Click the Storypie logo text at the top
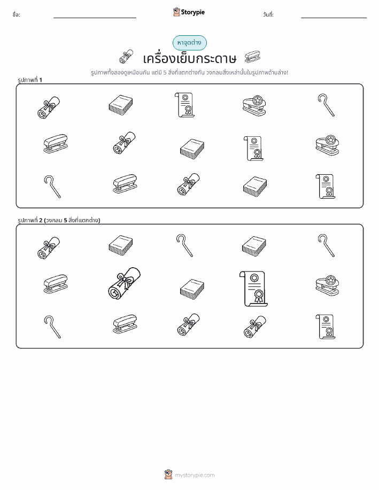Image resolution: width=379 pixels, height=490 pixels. (x=193, y=12)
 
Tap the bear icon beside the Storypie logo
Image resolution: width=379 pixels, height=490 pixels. (x=176, y=12)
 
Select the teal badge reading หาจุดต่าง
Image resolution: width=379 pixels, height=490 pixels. (x=189, y=43)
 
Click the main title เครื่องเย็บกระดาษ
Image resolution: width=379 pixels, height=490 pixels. (x=189, y=58)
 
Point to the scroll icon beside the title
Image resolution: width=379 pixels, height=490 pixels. (x=126, y=57)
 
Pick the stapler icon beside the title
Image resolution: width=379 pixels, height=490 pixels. (x=253, y=57)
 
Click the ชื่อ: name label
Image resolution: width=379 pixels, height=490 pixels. (x=16, y=14)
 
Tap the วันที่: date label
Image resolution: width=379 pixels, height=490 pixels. (x=268, y=14)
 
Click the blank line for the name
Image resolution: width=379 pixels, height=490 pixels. (x=95, y=18)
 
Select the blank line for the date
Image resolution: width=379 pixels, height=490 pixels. (x=334, y=18)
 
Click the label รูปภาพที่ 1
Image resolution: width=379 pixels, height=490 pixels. (x=30, y=80)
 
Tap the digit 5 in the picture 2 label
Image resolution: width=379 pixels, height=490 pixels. (x=65, y=220)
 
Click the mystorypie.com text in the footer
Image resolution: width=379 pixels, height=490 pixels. (x=195, y=476)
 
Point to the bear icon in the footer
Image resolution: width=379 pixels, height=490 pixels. (x=168, y=475)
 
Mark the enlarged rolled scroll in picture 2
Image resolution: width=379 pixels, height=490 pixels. (x=124, y=283)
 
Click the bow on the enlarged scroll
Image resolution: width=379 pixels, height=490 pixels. (x=124, y=279)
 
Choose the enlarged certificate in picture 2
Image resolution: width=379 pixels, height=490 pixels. (x=253, y=289)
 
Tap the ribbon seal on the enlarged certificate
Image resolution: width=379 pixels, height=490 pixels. (x=259, y=295)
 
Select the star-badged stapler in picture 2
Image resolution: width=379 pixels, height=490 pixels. (x=327, y=286)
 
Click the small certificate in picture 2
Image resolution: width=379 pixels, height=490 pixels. (x=326, y=326)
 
